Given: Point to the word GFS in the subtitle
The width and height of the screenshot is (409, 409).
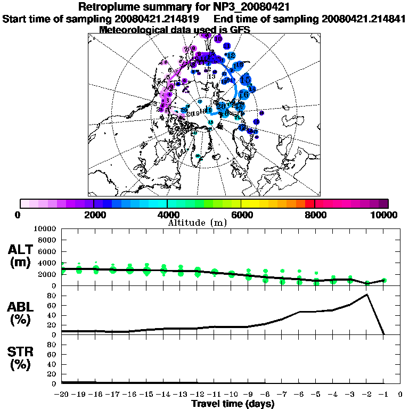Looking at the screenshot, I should pyautogui.click(x=240, y=30).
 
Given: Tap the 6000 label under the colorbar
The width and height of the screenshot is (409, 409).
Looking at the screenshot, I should pyautogui.click(x=241, y=215).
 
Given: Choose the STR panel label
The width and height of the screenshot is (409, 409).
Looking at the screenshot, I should pyautogui.click(x=21, y=358).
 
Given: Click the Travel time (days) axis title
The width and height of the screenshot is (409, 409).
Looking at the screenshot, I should pyautogui.click(x=233, y=404).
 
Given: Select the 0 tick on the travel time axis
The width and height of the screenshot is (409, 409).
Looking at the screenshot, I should pyautogui.click(x=400, y=395).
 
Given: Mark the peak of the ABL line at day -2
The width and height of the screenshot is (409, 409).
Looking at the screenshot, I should pyautogui.click(x=367, y=295).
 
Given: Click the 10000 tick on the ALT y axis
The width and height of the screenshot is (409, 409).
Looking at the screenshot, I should pyautogui.click(x=45, y=229).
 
